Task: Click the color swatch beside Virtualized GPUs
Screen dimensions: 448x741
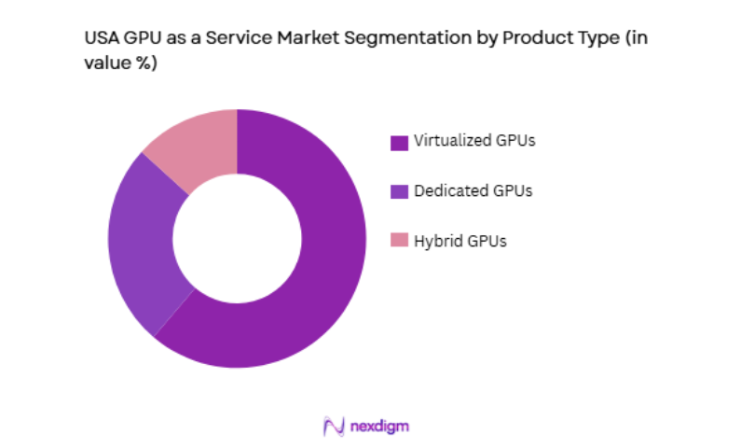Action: tap(399, 143)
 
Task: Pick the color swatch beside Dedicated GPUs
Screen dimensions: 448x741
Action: tap(399, 191)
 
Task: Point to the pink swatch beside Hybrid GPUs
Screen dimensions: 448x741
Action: tap(399, 241)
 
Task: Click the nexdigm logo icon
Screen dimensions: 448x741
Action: tap(333, 426)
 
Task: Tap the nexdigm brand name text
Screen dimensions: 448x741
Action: tap(380, 426)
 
